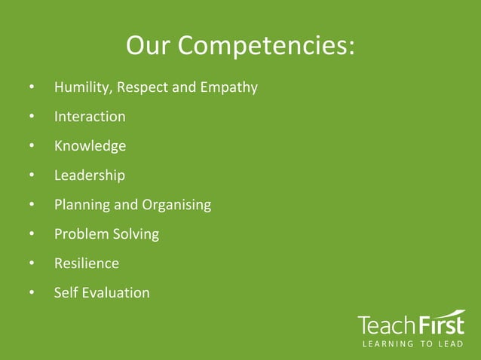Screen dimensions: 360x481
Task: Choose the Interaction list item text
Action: (90, 117)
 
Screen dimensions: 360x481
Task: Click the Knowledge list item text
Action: (90, 146)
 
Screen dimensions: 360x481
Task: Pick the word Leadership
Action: (90, 175)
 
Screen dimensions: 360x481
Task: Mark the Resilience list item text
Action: (87, 264)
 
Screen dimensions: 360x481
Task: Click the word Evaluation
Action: (117, 292)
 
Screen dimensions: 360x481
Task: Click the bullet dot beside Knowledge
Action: (32, 146)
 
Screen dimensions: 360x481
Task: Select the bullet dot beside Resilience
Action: (32, 264)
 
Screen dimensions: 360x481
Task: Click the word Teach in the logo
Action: (385, 325)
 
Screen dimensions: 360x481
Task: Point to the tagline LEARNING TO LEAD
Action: (412, 345)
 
